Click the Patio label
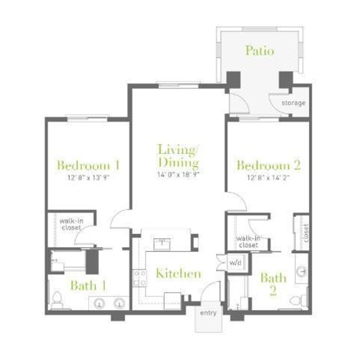(260, 50)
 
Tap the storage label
(293, 103)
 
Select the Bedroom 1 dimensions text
(88, 178)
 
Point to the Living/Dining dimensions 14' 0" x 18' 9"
(178, 175)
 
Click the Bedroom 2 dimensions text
(268, 178)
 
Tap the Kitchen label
(178, 273)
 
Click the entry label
(208, 313)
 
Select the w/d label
(235, 262)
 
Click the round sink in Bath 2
(301, 272)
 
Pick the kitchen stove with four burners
(140, 278)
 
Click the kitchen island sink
(162, 244)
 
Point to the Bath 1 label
(88, 286)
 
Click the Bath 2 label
(273, 284)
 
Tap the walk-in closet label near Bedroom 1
(71, 224)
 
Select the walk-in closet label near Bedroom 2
(248, 242)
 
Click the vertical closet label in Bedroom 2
(305, 233)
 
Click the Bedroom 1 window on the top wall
(88, 118)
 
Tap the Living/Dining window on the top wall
(178, 85)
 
